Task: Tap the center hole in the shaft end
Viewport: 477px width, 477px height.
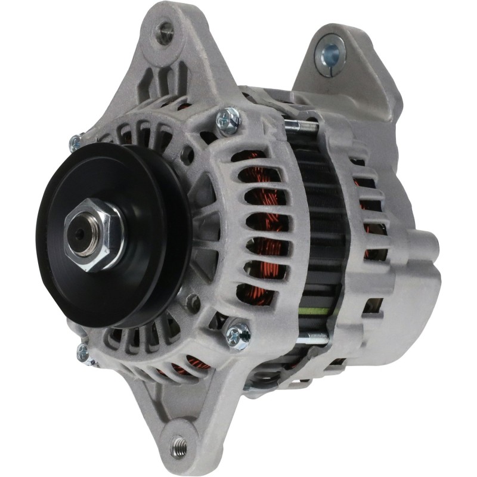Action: click(x=79, y=234)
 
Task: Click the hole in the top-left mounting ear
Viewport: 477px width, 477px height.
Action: click(x=164, y=33)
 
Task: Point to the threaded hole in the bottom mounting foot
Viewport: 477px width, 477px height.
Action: click(x=178, y=444)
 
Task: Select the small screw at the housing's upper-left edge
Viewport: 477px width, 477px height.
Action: click(x=76, y=143)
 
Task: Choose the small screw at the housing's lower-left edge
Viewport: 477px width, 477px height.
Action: click(x=83, y=354)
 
